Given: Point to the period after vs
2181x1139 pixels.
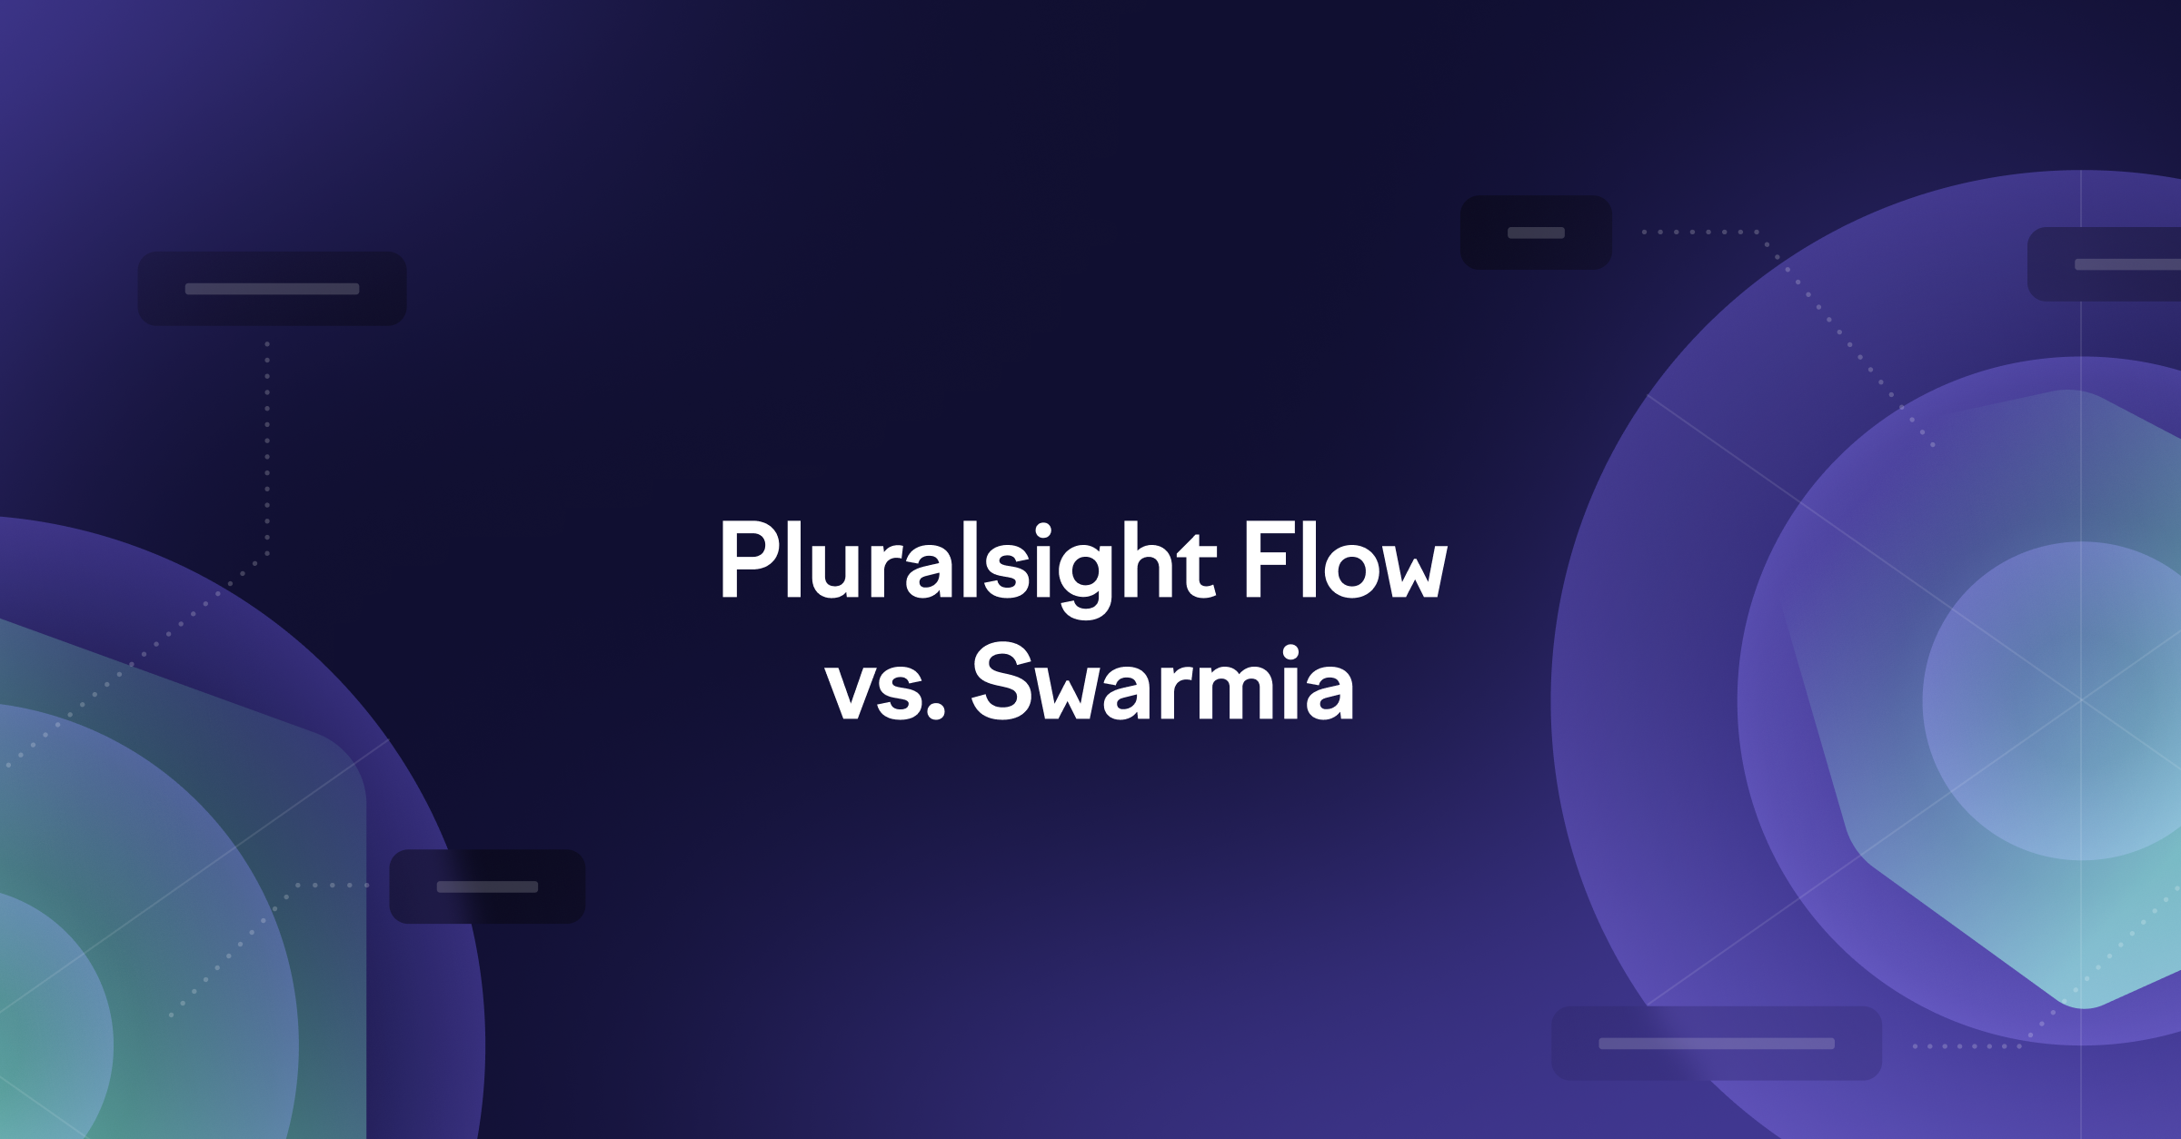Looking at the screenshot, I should [937, 713].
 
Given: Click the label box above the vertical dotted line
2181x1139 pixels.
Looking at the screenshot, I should [272, 289].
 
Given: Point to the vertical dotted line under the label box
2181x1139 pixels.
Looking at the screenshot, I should [267, 445].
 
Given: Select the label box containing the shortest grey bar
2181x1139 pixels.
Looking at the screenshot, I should [1536, 233].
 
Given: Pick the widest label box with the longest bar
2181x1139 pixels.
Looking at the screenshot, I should [1716, 1043].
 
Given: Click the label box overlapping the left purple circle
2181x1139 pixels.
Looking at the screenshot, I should [487, 886].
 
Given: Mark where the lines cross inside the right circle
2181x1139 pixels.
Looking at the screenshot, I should [2081, 700].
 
